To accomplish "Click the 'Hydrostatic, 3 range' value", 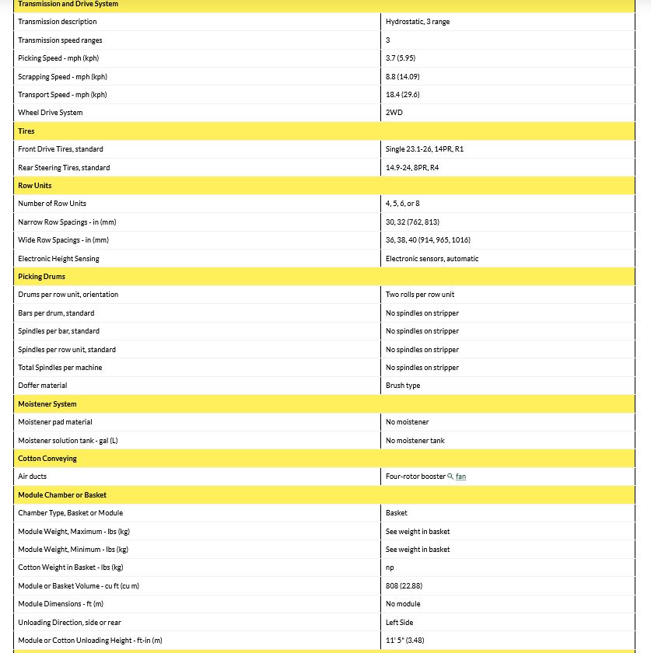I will click(x=417, y=22).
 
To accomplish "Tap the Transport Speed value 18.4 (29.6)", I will click(x=403, y=95).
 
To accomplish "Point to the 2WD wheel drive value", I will click(x=394, y=113).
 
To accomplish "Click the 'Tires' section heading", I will click(x=26, y=131).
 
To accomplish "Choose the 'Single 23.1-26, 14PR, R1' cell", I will click(x=425, y=149).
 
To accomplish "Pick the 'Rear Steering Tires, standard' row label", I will click(x=64, y=168).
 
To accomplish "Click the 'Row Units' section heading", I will click(x=34, y=186).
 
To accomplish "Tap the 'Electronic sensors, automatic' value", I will click(x=432, y=259).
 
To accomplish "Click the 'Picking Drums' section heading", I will click(x=41, y=277).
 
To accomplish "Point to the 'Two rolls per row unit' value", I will click(x=420, y=295).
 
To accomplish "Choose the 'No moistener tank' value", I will click(x=415, y=441).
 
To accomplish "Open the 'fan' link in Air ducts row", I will click(x=461, y=477).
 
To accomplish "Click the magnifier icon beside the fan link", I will click(x=451, y=477).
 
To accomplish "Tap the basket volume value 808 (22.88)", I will click(x=404, y=585).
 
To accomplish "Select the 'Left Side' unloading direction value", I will click(x=399, y=623).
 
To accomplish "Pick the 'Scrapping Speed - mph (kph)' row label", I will click(x=62, y=77).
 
